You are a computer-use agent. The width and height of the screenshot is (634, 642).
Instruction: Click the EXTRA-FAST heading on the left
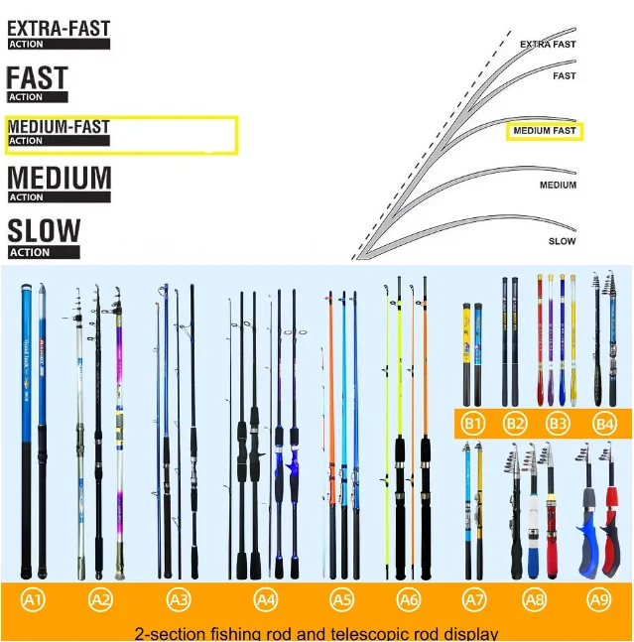click(59, 29)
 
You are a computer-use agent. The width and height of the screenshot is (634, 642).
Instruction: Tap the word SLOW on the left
click(44, 232)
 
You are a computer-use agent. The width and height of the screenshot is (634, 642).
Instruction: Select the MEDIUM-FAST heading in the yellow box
click(59, 127)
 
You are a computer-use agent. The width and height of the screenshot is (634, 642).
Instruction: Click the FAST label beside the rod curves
click(564, 76)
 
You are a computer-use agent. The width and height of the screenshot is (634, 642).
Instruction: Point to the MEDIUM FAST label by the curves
click(544, 131)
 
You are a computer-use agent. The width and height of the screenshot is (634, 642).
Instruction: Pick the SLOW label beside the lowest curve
click(562, 241)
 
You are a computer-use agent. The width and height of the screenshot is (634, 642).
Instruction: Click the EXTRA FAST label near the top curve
click(548, 45)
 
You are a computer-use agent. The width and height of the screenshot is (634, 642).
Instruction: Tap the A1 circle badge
click(34, 599)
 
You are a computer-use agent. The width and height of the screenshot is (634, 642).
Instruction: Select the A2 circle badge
click(100, 599)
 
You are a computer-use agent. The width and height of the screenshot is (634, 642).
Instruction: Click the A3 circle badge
click(179, 599)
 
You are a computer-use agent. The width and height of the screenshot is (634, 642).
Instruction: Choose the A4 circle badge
click(266, 599)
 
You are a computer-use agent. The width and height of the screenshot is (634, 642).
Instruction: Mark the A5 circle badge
click(341, 599)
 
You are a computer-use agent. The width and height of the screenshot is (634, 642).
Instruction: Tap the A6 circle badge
click(408, 599)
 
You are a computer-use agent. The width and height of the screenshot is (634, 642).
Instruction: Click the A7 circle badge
click(475, 599)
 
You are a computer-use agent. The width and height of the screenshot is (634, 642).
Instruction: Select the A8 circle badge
click(535, 599)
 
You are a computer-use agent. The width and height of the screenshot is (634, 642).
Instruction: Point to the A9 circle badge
click(599, 599)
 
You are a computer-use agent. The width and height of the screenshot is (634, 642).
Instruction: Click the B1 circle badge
click(473, 424)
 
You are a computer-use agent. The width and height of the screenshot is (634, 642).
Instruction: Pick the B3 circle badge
click(558, 424)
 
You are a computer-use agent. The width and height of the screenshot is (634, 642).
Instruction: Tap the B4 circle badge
click(604, 424)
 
